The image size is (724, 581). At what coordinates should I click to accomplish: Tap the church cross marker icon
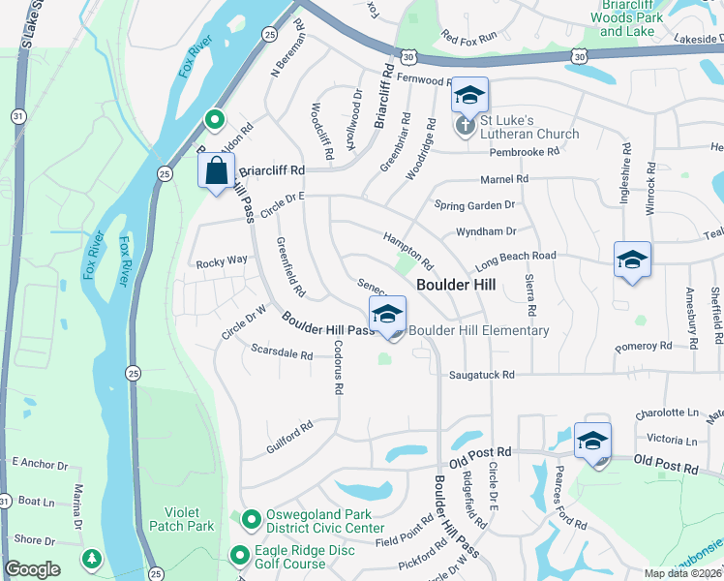point(465,126)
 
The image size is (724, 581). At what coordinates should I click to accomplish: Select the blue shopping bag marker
point(216,171)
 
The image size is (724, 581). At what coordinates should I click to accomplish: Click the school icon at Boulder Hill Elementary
point(387,315)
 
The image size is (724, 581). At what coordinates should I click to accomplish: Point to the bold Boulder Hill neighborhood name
point(456,285)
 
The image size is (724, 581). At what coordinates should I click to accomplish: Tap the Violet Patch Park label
point(181,519)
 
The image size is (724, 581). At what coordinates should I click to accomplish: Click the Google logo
point(33,569)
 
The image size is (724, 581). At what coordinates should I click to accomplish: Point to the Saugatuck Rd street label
point(481,375)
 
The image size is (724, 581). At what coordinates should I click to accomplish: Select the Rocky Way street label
point(222,261)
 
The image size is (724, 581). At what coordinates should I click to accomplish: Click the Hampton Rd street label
point(407,250)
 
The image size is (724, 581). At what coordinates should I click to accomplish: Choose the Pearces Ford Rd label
point(569,498)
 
